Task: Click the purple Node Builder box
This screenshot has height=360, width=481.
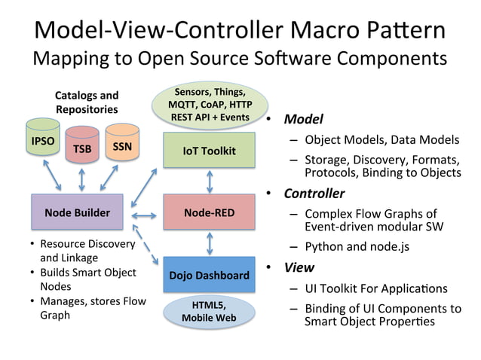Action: click(77, 212)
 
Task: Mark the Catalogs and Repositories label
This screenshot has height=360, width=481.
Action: click(87, 102)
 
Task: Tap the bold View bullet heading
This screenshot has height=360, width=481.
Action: click(299, 267)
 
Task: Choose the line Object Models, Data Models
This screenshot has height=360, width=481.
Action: click(381, 139)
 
